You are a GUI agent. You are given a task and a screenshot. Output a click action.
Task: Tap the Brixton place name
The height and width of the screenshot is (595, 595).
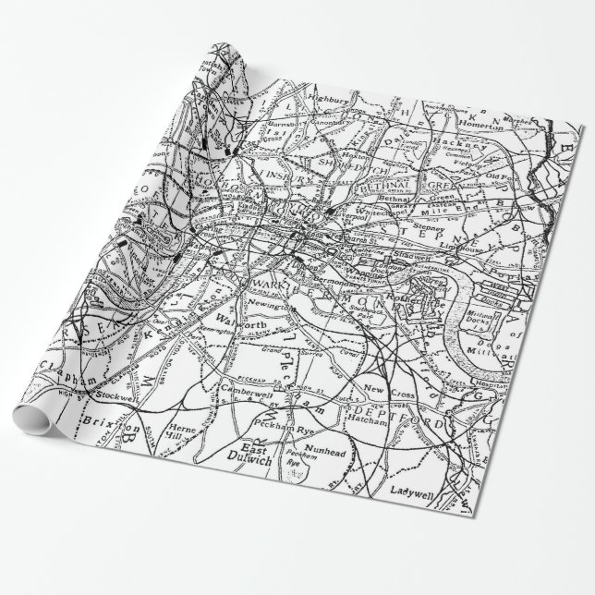(x=109, y=428)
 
